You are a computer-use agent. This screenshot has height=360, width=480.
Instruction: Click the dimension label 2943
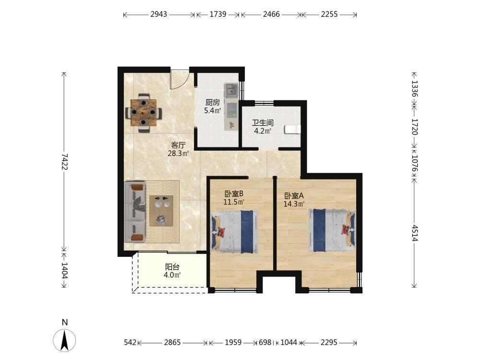[158, 14]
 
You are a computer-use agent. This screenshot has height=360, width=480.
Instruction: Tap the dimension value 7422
[64, 162]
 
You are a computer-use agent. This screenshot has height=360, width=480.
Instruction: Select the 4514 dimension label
[414, 233]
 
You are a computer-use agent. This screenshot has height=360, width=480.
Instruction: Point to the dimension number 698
[265, 342]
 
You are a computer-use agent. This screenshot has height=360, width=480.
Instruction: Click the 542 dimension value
[130, 342]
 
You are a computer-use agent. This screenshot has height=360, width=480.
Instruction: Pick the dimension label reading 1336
[414, 89]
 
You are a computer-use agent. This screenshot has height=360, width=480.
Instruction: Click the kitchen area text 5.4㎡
[213, 110]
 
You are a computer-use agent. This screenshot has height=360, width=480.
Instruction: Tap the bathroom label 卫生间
[263, 123]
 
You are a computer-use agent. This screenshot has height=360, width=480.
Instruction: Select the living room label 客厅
[178, 145]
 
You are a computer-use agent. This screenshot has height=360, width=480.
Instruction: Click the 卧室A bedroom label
[294, 196]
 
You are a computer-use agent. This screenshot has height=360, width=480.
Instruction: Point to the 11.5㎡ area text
[234, 202]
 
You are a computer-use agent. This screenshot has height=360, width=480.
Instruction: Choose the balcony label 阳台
[172, 267]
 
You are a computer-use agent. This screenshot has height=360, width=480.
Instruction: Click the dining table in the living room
[143, 113]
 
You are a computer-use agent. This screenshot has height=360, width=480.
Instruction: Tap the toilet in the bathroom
[292, 130]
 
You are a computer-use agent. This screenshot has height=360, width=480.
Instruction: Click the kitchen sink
[231, 90]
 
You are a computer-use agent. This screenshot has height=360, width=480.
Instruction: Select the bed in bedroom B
[235, 231]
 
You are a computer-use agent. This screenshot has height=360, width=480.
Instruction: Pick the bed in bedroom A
[332, 230]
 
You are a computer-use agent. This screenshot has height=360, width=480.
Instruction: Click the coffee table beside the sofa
[161, 211]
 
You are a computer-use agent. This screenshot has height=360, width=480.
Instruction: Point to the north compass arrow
[64, 340]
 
